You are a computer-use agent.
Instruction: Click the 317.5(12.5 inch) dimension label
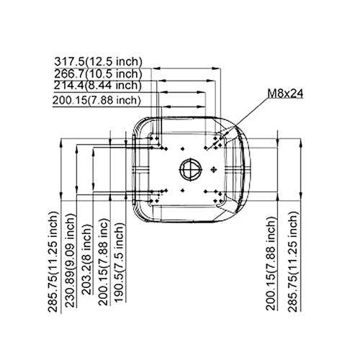[x=98, y=62]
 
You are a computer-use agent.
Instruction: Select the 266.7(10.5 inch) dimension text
[x=98, y=73]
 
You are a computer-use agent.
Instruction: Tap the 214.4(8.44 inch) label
[x=97, y=86]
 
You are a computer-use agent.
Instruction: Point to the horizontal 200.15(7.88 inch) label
[x=96, y=100]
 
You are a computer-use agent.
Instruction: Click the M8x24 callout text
[x=285, y=94]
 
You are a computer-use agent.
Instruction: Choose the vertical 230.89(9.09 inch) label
[x=71, y=261]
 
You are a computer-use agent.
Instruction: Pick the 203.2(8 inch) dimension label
[x=87, y=259]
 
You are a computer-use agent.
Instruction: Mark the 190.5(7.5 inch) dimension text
[x=120, y=262]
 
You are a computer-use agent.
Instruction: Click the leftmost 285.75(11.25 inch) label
[x=53, y=262]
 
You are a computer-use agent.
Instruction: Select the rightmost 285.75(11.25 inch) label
[x=293, y=262]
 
